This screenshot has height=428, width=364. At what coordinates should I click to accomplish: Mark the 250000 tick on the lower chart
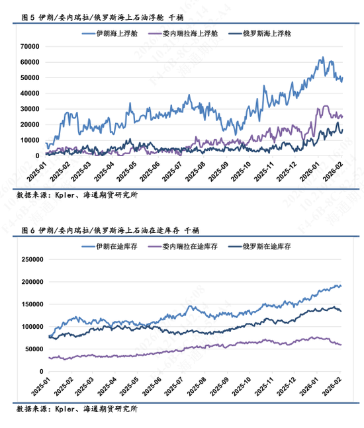coord(28,259)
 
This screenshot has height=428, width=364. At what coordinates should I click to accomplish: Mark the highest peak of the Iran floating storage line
coord(322,58)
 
